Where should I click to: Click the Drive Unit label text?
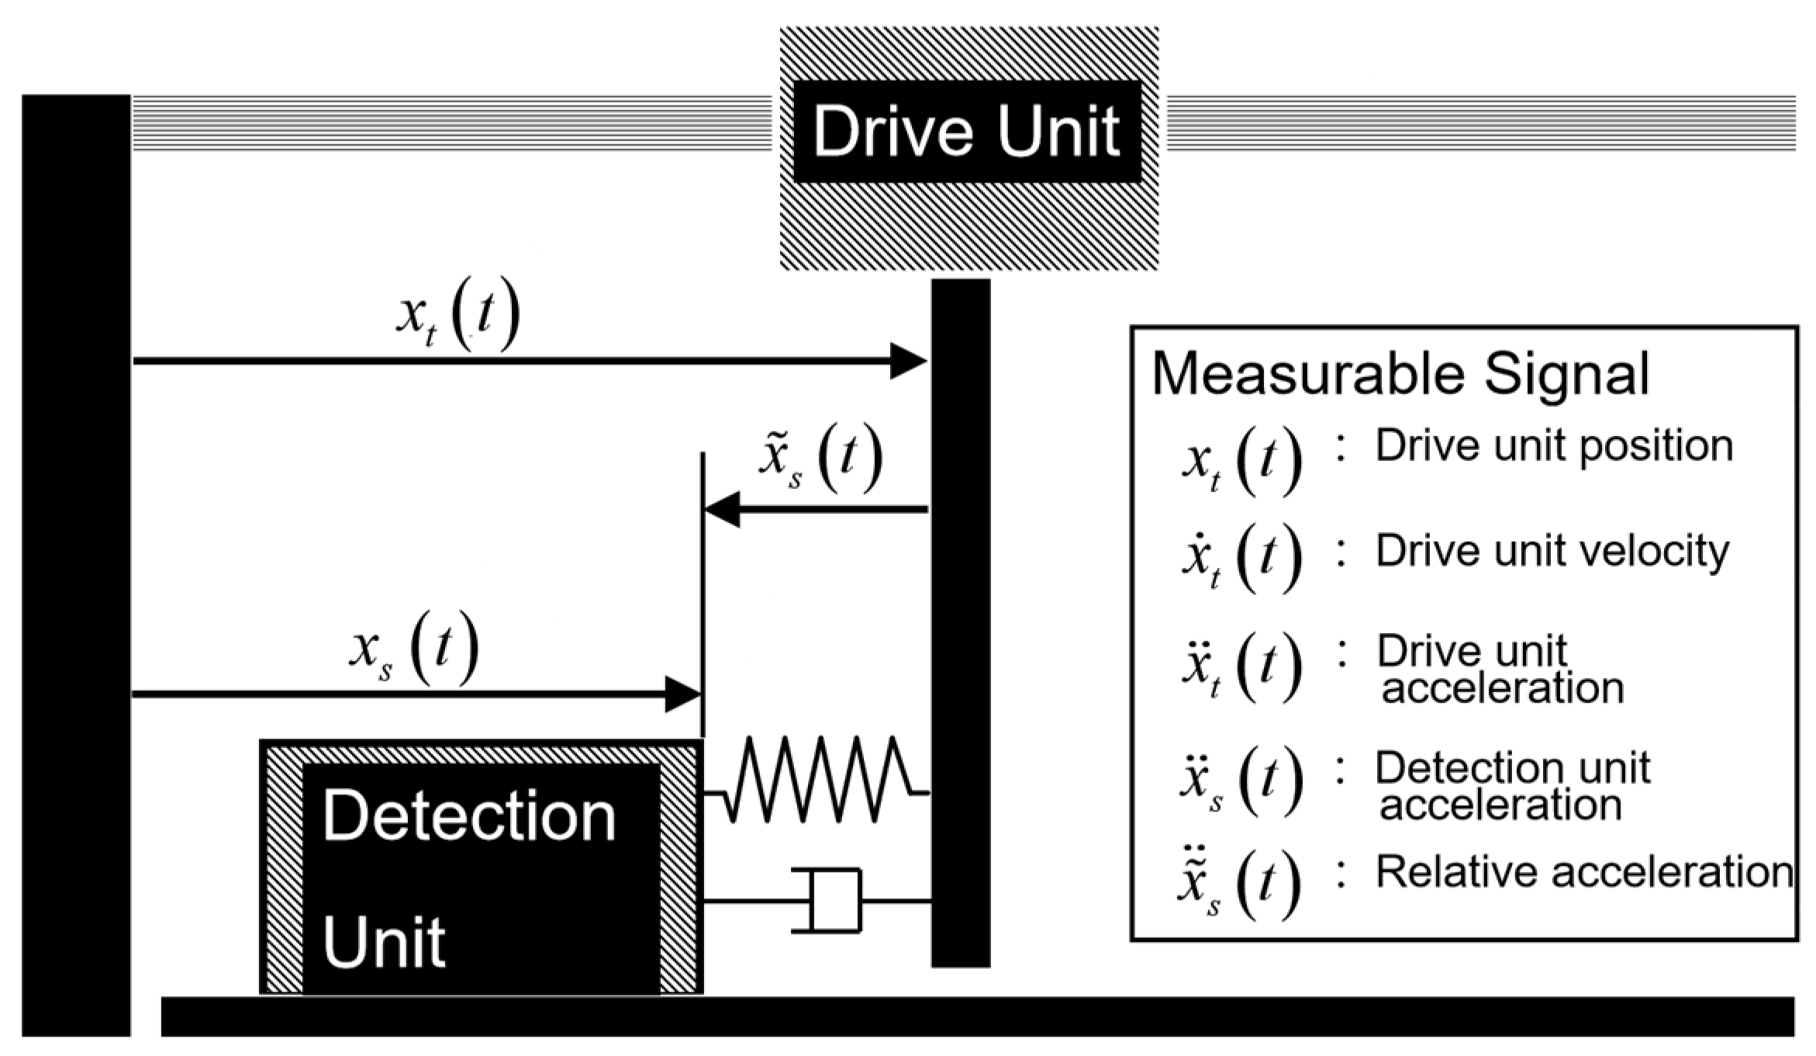coord(966,132)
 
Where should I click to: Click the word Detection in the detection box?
coord(469,816)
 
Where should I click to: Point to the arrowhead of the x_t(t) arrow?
coord(908,361)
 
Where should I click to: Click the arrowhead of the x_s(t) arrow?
coord(682,694)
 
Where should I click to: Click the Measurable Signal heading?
coord(1400,374)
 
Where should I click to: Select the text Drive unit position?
coord(1554,446)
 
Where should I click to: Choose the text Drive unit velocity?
coord(1552,551)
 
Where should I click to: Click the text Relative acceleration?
coord(1584,871)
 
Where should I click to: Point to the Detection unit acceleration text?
coord(1512,786)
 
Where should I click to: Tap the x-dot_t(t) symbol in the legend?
coord(1241,558)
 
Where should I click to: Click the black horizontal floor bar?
coord(977,1016)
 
